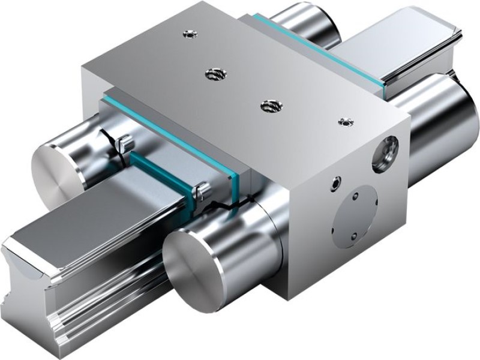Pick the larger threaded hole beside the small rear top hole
click(211, 74)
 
